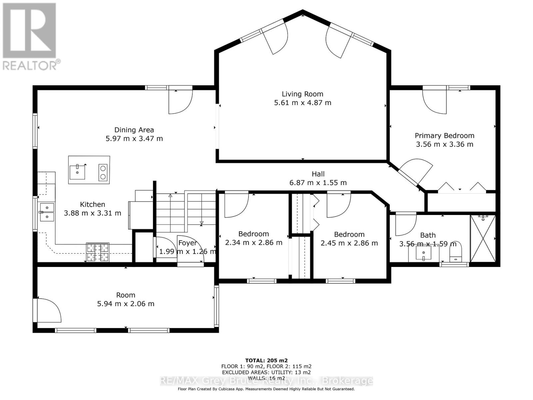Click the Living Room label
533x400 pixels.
[x=302, y=94]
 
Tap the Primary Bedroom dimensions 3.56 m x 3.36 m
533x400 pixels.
[x=444, y=144]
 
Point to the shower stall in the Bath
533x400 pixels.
[x=483, y=239]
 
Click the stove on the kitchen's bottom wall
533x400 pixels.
[x=98, y=252]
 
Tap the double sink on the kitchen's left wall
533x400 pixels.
[x=47, y=212]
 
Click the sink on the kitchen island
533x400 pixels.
[x=78, y=171]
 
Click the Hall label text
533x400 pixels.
[x=318, y=174]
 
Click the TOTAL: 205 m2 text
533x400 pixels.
[x=266, y=360]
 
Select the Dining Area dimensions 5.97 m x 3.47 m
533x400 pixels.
[x=134, y=138]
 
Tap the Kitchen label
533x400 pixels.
[x=92, y=204]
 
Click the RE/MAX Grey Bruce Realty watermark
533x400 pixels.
[x=266, y=381]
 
